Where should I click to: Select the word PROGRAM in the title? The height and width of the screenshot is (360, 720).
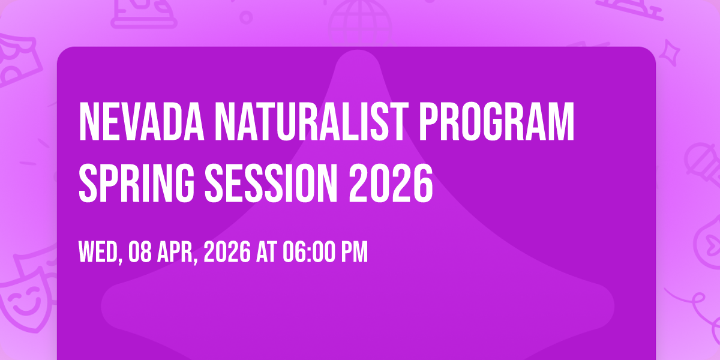click(497, 121)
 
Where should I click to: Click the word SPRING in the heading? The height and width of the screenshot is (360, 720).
click(137, 183)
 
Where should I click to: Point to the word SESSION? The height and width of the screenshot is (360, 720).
click(271, 183)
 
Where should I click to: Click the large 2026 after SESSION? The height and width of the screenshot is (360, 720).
click(391, 183)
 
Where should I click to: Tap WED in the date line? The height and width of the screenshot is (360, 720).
click(100, 253)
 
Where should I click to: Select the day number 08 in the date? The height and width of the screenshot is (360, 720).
click(140, 252)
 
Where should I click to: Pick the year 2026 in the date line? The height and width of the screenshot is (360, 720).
click(227, 252)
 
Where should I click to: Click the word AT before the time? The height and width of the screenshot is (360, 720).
click(266, 252)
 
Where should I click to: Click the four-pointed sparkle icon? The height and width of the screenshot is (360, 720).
click(670, 53)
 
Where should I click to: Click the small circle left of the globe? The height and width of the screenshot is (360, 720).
click(246, 17)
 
